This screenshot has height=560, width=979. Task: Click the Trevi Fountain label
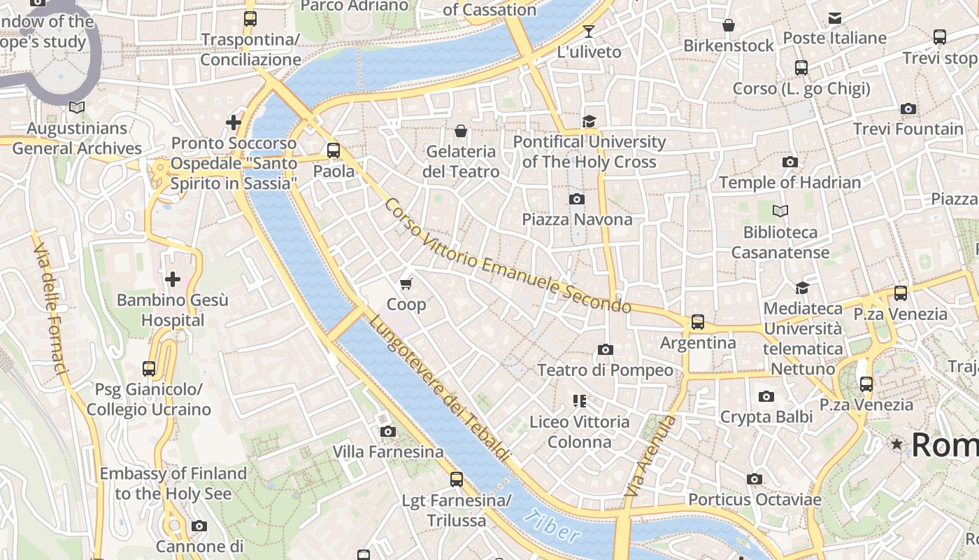tap(908, 129)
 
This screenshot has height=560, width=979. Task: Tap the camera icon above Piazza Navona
tap(577, 199)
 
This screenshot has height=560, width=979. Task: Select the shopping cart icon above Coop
tap(406, 283)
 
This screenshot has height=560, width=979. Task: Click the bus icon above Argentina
tap(697, 322)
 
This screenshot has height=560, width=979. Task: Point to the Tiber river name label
tap(552, 527)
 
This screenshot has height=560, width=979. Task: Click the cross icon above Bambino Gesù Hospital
tap(172, 280)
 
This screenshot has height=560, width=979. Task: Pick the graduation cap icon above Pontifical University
tap(589, 122)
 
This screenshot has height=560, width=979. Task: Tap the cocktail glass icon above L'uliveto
tap(588, 31)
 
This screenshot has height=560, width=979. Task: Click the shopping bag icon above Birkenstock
tap(729, 26)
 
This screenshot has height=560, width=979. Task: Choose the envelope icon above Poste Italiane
tap(834, 18)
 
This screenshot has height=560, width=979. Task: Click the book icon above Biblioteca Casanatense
tap(780, 211)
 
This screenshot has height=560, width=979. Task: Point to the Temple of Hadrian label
tap(789, 183)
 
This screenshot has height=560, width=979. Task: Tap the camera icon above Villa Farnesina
tap(387, 432)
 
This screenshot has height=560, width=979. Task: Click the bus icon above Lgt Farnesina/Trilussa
tap(456, 479)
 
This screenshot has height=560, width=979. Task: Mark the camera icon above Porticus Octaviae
tap(754, 479)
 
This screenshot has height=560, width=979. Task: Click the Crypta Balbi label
tap(766, 417)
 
